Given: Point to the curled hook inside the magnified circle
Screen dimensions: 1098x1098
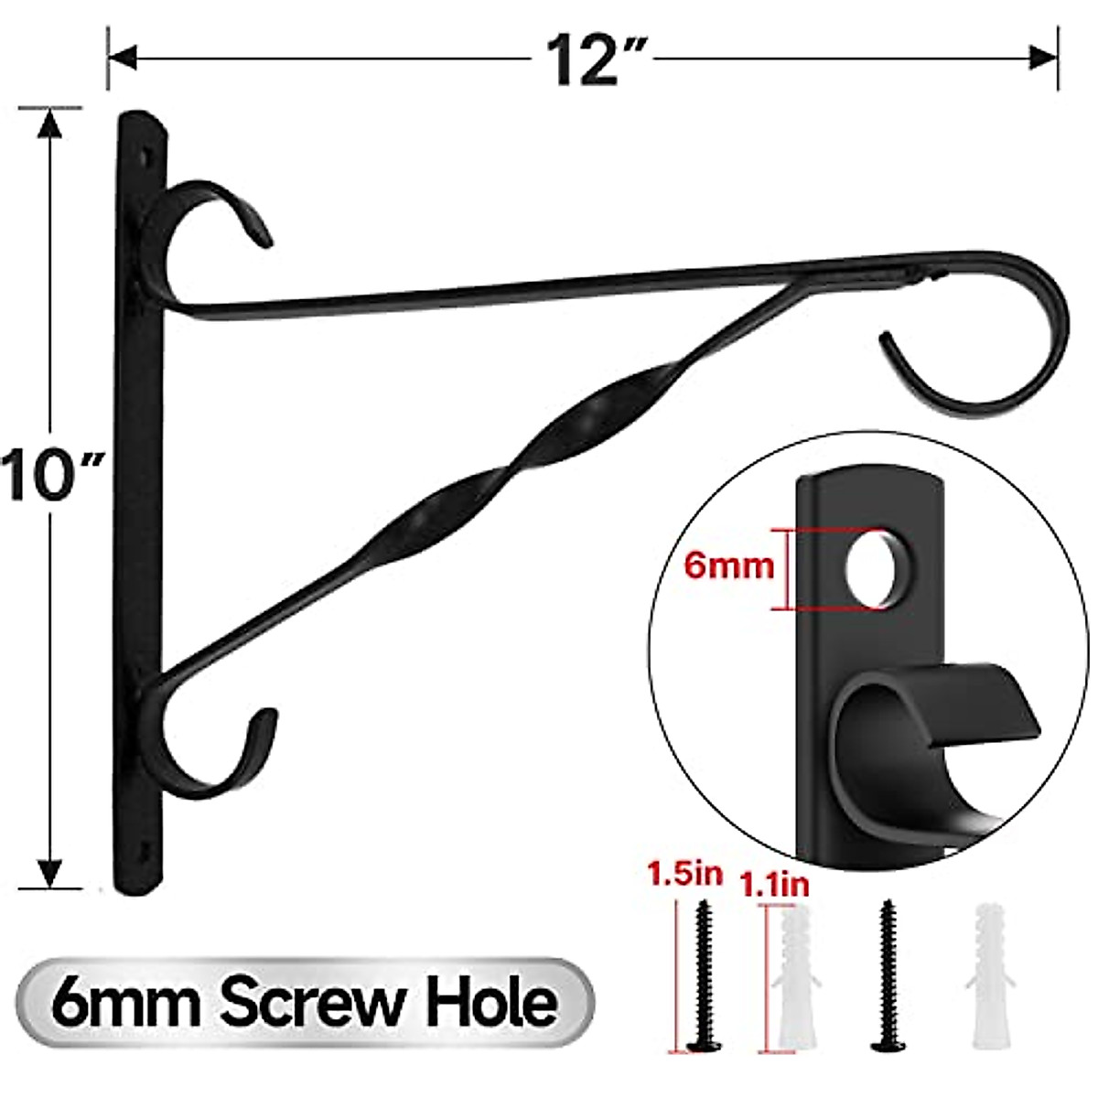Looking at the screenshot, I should pyautogui.click(x=915, y=732).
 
